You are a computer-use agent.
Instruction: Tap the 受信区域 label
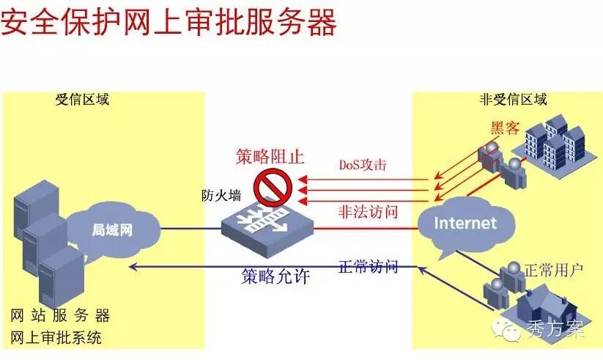pos(82,99)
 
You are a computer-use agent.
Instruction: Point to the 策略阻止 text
pos(269,156)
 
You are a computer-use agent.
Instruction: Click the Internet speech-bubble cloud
pos(465,223)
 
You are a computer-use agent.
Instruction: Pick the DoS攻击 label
pos(362,164)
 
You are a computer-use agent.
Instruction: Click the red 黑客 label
pos(505,129)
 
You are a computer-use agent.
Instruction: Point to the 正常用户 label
pos(553,271)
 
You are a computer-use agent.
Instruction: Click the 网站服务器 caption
pos(61,316)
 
